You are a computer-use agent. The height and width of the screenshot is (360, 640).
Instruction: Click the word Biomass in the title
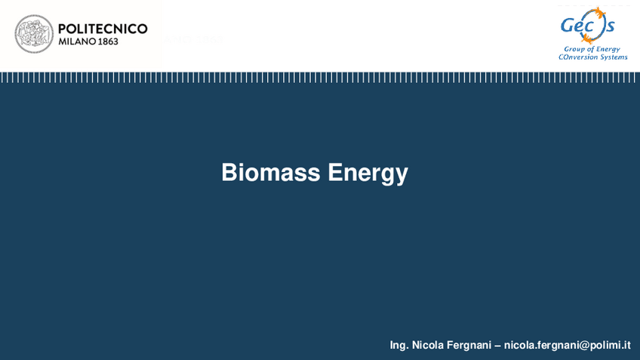271,173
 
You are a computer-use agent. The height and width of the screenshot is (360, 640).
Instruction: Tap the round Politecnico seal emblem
34,34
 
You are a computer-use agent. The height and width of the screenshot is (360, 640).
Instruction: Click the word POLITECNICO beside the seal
103,29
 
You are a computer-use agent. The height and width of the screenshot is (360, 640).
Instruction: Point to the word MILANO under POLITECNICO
76,42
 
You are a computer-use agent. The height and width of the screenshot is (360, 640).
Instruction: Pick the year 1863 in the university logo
107,42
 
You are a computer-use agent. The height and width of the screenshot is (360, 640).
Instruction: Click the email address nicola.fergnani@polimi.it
567,345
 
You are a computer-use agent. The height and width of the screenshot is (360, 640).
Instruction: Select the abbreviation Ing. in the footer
399,346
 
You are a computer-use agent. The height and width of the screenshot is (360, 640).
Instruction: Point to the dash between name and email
497,345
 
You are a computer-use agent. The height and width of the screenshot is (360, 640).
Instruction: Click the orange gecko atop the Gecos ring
600,13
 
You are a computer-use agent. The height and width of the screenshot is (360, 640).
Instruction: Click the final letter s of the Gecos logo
610,27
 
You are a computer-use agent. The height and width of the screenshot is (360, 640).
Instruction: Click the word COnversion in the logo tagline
577,57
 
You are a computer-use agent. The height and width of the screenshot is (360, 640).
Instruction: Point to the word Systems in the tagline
613,57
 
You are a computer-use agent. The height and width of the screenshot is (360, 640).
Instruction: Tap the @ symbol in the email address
581,345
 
